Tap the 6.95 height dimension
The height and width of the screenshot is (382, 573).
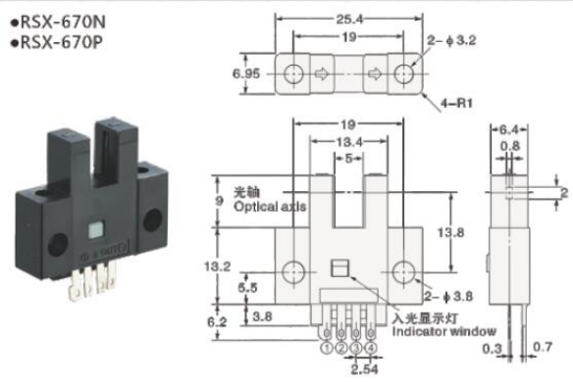coord(245,74)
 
